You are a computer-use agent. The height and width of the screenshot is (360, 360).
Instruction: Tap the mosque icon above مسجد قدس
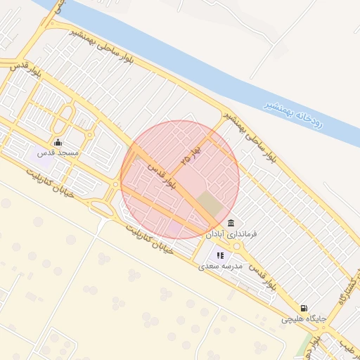[x=58, y=143]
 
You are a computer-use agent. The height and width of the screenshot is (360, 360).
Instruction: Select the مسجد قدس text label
[x=58, y=153]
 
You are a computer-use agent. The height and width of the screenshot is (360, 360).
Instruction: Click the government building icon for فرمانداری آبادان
[x=231, y=223]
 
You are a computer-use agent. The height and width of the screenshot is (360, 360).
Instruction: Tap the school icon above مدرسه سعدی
[x=220, y=256]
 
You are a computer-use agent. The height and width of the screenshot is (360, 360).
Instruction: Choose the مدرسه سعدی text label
[x=220, y=266]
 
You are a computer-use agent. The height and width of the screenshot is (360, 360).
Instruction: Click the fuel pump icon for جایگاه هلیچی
[x=304, y=307]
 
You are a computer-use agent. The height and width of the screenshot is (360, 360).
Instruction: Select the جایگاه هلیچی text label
[x=304, y=318]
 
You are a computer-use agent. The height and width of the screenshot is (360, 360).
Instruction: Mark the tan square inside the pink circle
[x=209, y=204]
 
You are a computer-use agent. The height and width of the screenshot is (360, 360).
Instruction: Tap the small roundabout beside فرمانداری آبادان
[x=238, y=246]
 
